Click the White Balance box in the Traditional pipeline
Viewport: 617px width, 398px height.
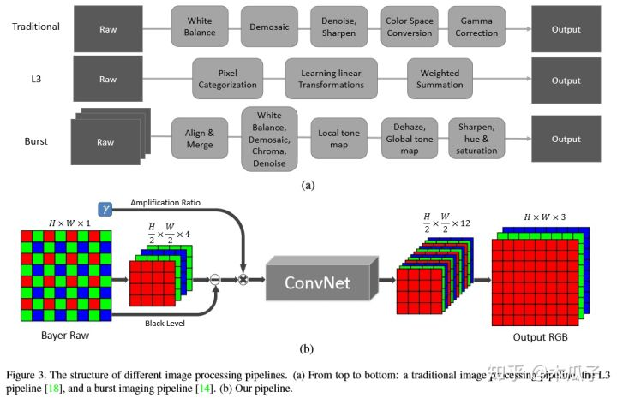200,27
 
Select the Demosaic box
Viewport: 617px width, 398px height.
269,27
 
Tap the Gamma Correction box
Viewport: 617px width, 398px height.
476,27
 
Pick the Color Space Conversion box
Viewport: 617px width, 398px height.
408,27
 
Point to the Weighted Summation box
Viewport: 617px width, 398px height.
439,80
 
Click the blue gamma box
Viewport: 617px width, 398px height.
106,208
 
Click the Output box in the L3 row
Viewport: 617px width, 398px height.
566,80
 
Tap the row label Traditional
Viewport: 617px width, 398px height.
36,27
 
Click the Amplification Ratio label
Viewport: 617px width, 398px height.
165,203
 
